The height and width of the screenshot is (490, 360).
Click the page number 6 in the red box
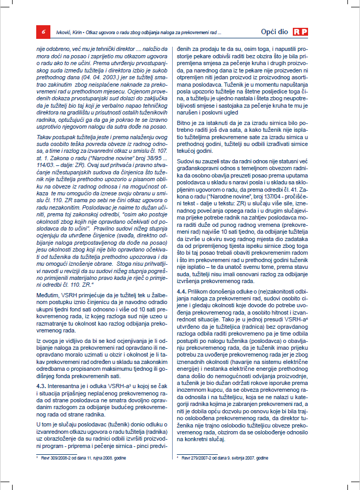click(43, 32)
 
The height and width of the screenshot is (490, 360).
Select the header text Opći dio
click(274, 32)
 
